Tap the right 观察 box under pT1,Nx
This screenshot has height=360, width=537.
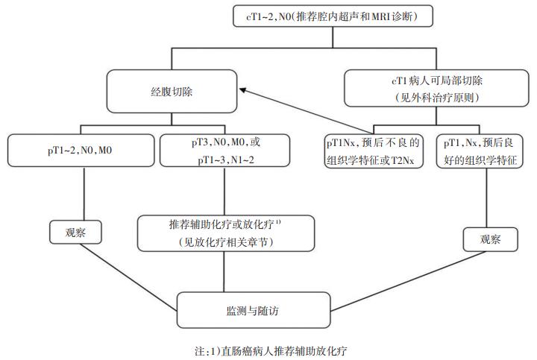coord(489,240)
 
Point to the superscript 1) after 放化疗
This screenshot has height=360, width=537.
coord(277,221)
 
